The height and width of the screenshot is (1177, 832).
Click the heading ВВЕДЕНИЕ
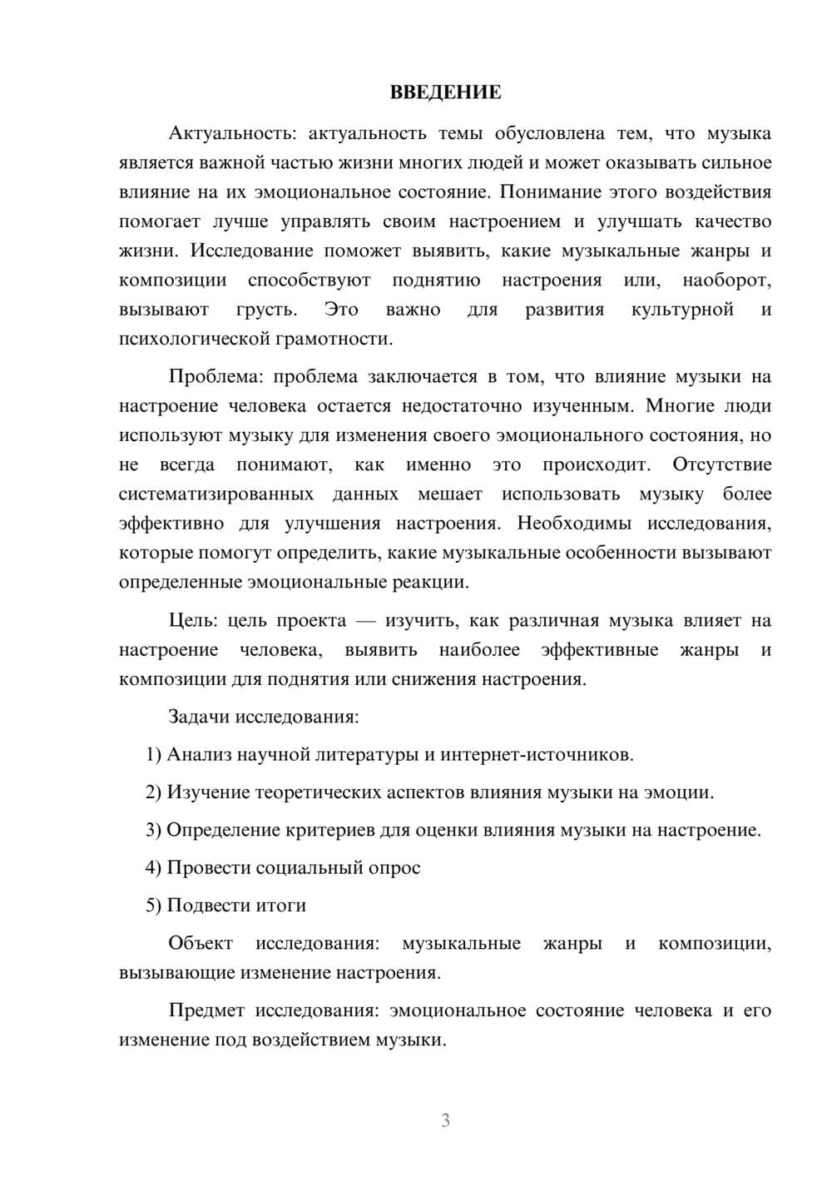[445, 92]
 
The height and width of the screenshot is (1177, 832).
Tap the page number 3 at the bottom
[445, 1120]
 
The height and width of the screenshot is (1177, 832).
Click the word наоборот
[726, 281]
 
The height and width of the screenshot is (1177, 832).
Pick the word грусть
[265, 310]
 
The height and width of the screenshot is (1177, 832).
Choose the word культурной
[682, 310]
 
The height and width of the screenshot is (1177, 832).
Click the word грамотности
[341, 339]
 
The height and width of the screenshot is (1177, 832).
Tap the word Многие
[675, 406]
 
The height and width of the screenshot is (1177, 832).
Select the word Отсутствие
[721, 464]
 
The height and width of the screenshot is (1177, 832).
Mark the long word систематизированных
[216, 494]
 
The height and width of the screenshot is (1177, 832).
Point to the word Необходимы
[574, 524]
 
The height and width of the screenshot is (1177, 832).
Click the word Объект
[201, 943]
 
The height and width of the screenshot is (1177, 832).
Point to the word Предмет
[206, 1011]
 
